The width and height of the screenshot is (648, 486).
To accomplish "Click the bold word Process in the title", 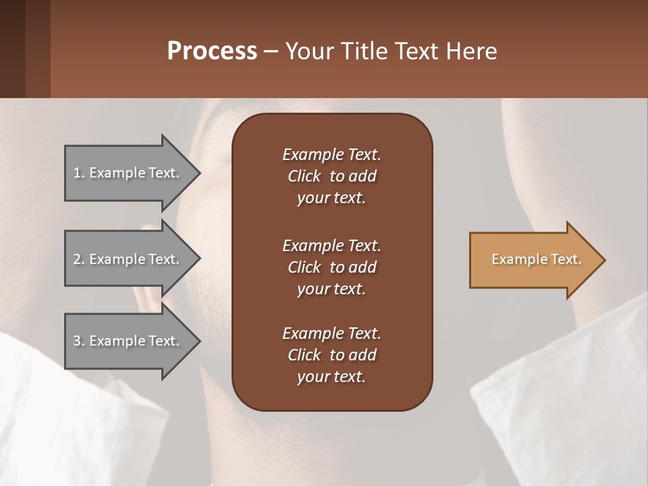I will [212, 51].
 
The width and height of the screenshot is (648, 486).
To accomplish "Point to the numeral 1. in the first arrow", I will [79, 173].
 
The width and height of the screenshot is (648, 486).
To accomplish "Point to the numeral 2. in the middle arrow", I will [79, 259].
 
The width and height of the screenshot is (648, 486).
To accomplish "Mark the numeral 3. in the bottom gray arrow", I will [79, 341].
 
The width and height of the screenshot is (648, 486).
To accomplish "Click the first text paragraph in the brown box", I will [331, 176].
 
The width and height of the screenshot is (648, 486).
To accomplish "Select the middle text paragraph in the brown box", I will [331, 267].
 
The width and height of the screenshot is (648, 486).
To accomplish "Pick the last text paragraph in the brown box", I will [331, 355].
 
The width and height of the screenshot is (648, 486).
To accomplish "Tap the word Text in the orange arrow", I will [566, 259].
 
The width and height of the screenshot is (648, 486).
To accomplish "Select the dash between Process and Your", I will [271, 52].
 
